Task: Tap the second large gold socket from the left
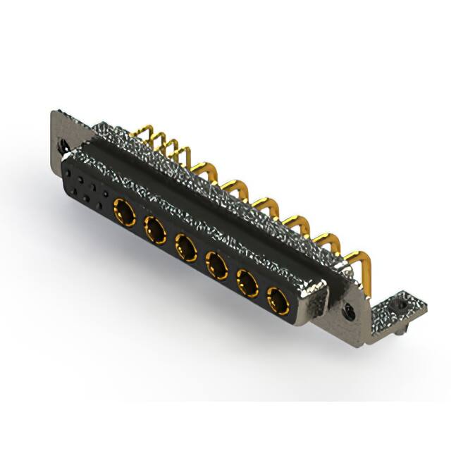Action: (x=154, y=228)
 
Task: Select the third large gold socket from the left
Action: (x=185, y=247)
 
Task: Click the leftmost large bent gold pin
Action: (x=206, y=171)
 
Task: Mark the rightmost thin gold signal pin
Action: (x=185, y=156)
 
